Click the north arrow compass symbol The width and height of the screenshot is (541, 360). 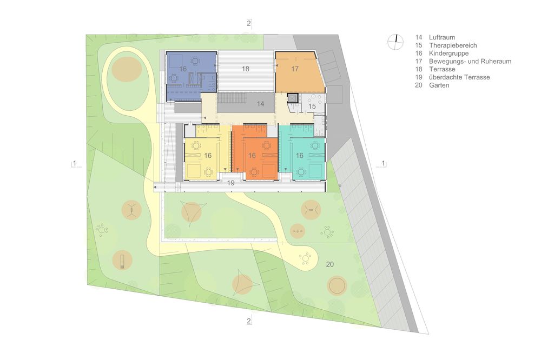[x=395, y=42]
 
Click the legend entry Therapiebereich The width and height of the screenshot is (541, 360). [x=453, y=45]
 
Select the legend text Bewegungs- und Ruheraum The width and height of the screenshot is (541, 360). [x=470, y=61]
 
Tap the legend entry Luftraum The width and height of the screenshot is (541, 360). [x=442, y=37]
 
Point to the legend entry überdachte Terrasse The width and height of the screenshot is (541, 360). [x=459, y=77]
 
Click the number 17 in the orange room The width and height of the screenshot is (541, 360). [x=295, y=69]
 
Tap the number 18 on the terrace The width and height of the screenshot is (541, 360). [x=245, y=69]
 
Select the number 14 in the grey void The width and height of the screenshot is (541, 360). [x=261, y=104]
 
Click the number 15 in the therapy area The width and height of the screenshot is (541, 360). [x=312, y=106]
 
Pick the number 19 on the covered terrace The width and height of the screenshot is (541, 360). [x=231, y=183]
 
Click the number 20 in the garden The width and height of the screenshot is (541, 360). [x=330, y=264]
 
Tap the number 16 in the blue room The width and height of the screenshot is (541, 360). [x=183, y=69]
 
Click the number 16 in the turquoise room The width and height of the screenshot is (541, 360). [x=300, y=156]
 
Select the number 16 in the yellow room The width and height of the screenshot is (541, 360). [x=208, y=156]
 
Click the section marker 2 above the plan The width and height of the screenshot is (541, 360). [x=249, y=23]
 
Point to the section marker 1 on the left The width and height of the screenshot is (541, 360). [x=75, y=163]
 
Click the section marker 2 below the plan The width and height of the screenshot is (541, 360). [x=249, y=321]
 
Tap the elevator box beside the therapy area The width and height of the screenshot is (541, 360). [x=292, y=98]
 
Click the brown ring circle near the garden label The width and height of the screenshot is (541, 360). [x=337, y=285]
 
